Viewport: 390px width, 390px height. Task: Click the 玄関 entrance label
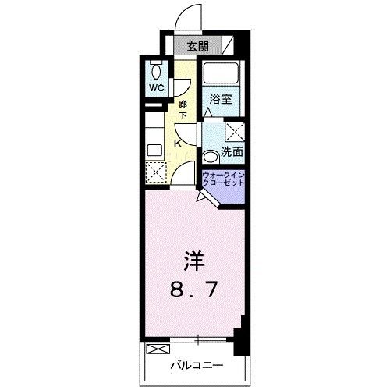point(198,47)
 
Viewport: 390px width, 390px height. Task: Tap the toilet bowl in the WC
point(156,71)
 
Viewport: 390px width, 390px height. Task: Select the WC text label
point(157,88)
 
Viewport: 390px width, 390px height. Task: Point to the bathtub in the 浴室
point(221,73)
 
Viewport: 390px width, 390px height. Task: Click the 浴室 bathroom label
point(221,99)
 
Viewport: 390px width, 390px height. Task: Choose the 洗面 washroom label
point(232,152)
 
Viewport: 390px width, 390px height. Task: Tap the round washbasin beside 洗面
point(210,158)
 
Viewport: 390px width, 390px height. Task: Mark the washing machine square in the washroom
point(235,132)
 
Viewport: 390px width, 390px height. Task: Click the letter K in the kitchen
point(178,144)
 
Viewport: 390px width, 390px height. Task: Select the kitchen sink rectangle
point(155,151)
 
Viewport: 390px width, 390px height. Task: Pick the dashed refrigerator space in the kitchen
point(156,172)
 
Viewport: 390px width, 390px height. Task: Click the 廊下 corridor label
point(183,110)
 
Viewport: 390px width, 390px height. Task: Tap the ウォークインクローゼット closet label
point(224,179)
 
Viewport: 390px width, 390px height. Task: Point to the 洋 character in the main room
point(195,261)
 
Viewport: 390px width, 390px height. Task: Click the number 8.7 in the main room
point(193,290)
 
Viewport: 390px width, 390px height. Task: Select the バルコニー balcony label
point(197,366)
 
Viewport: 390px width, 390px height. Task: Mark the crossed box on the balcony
point(158,349)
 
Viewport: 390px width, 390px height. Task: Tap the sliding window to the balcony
point(198,339)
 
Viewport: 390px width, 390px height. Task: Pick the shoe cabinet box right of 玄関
point(228,45)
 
